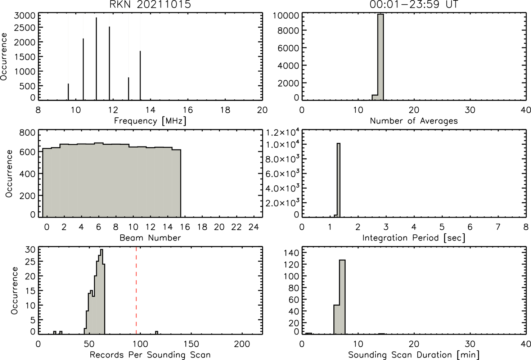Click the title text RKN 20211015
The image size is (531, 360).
tap(150, 5)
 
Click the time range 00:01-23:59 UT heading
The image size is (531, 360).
tap(414, 5)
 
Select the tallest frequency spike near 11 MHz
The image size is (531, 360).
tap(96, 59)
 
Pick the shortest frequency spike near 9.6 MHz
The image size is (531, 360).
tap(68, 92)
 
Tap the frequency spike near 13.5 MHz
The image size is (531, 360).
tap(140, 76)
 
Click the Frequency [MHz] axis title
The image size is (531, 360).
tap(150, 121)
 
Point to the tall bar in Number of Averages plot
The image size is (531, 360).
tap(381, 57)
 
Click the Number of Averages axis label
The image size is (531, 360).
tap(414, 121)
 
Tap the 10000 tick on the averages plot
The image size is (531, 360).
tap(285, 15)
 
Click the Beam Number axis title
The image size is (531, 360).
tap(150, 238)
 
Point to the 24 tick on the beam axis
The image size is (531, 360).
tap(254, 227)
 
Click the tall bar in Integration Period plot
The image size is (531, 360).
tap(338, 180)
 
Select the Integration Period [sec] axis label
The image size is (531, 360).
tap(414, 238)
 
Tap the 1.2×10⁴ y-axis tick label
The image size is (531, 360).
tap(280, 132)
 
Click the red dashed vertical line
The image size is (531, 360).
tap(136, 291)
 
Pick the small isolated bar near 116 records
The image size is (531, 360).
tap(157, 333)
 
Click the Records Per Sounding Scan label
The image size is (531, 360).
tap(150, 355)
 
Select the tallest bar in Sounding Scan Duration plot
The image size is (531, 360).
tap(342, 297)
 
